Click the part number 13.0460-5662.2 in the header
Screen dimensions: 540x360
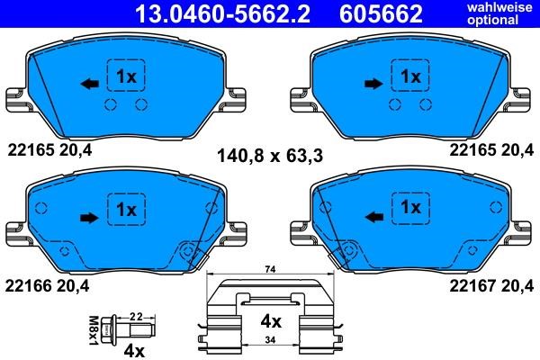(x=223, y=13)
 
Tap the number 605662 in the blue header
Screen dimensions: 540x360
(x=381, y=13)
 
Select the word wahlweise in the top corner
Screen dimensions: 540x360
(x=499, y=7)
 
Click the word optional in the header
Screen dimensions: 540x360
(x=493, y=20)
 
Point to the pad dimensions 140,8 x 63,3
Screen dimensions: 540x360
(x=270, y=156)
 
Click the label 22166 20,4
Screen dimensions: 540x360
(x=47, y=286)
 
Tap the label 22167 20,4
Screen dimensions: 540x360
(x=491, y=286)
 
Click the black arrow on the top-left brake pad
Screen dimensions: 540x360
(x=89, y=84)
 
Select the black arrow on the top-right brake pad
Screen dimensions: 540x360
(x=373, y=84)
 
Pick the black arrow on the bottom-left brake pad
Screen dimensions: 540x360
(x=89, y=218)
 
